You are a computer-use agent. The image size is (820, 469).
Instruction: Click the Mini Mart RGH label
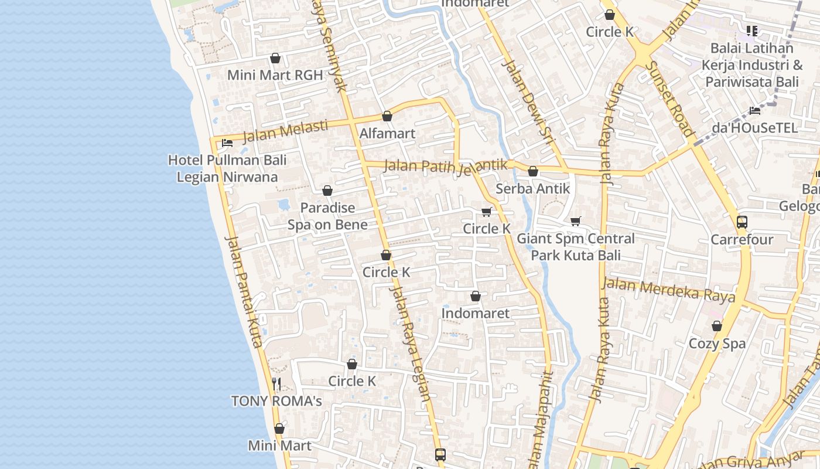pos(275,75)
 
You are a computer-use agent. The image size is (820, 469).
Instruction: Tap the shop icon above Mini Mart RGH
pos(275,58)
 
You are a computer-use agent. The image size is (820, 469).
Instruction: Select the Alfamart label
pos(387,133)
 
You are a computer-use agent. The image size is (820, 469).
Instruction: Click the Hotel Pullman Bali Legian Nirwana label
pos(227,168)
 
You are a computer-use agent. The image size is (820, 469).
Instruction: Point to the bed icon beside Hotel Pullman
pos(227,142)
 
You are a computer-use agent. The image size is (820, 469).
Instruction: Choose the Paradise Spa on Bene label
pos(327,216)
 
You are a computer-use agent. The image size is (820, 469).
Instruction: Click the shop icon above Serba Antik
pos(533,171)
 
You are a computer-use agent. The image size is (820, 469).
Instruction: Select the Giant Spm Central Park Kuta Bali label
pos(576,247)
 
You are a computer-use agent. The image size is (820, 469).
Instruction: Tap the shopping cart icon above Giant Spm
pos(576,221)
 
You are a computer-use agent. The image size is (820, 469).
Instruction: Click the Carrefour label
pos(742,239)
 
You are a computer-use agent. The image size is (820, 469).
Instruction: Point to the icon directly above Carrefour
pos(742,222)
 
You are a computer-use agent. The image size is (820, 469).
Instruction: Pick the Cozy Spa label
pos(717,343)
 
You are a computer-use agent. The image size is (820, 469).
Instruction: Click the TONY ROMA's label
pos(276,401)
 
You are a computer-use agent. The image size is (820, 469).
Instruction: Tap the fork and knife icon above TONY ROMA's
pos(276,384)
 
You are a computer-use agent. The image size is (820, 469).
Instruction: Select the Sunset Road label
pos(672,98)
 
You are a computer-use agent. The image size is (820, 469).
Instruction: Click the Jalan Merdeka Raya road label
pos(668,290)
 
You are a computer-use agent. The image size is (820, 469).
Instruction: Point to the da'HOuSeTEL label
pos(754,127)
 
